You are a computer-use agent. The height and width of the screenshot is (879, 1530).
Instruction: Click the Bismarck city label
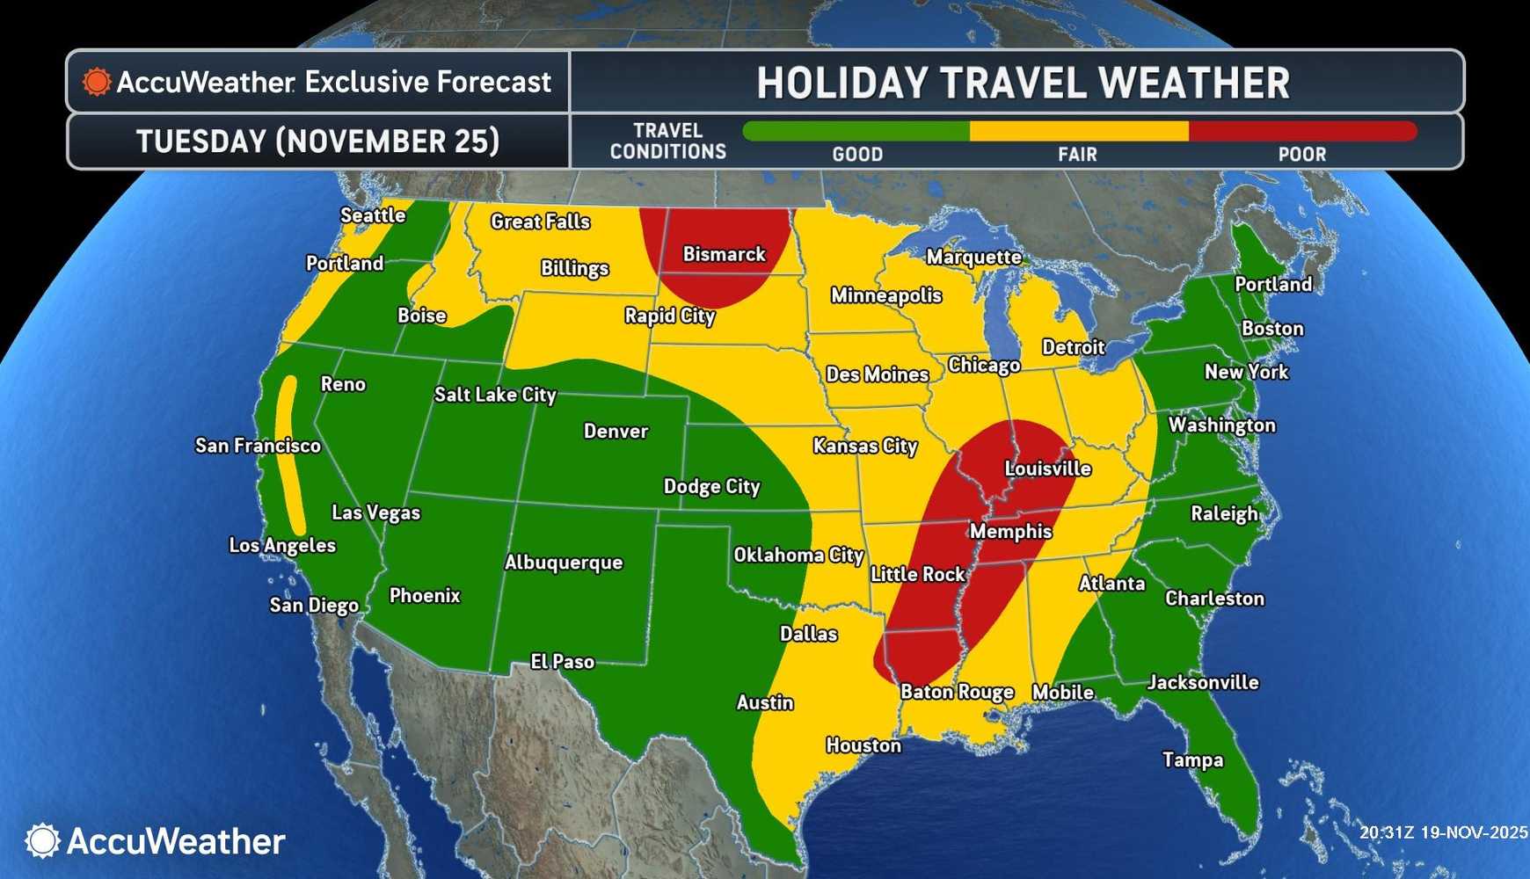(725, 255)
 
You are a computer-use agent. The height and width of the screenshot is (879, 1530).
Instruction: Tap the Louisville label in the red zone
(1047, 469)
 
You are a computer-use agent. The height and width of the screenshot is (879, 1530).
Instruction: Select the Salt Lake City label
(495, 395)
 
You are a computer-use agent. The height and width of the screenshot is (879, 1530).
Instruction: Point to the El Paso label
(563, 662)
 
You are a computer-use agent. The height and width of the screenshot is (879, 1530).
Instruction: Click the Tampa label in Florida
(1192, 759)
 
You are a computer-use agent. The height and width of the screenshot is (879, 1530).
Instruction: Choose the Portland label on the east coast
(1272, 284)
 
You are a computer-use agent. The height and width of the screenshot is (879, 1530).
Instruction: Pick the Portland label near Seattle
(345, 263)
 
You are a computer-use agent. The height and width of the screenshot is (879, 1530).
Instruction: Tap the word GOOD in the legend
(857, 155)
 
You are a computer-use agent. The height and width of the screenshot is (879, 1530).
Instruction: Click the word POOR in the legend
(1301, 155)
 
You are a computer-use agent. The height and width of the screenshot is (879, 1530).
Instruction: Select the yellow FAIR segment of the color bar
(1079, 132)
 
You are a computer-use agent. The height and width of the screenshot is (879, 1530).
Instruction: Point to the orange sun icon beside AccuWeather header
(97, 82)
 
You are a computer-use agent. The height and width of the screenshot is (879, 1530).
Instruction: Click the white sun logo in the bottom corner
(42, 841)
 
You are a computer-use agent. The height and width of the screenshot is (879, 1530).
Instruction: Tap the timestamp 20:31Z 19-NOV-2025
(1443, 832)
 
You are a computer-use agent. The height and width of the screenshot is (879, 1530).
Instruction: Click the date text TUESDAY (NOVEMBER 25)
(317, 142)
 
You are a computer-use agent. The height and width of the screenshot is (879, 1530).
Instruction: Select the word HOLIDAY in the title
(841, 84)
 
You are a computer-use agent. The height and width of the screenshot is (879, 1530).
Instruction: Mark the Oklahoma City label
(798, 555)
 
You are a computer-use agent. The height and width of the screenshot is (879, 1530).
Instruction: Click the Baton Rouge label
(957, 692)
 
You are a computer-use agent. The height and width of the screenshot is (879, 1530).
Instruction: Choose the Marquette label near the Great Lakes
(973, 257)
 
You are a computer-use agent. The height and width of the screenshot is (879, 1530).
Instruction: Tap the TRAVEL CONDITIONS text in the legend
(668, 141)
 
